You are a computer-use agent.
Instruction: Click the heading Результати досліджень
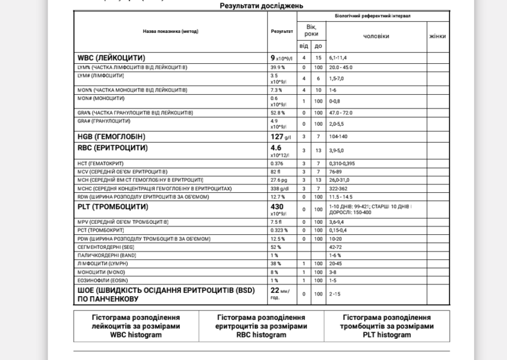(x=261, y=6)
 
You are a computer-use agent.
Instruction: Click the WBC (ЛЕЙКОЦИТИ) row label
(x=111, y=58)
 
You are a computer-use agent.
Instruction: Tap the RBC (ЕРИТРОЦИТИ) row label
(x=113, y=148)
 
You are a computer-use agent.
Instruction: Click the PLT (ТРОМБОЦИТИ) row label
(x=113, y=207)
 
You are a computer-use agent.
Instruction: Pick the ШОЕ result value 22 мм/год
(x=280, y=293)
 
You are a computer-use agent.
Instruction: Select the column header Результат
(x=282, y=32)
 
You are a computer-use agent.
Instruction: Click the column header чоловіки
(x=376, y=36)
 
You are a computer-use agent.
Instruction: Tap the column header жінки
(x=437, y=36)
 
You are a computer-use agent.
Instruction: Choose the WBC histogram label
(x=136, y=335)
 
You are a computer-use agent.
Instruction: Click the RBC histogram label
(x=261, y=335)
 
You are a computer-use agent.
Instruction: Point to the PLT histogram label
(x=387, y=335)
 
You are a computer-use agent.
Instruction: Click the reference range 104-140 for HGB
(x=338, y=137)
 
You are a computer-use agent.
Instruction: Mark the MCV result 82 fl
(x=275, y=172)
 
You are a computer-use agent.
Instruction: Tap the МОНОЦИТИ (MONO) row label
(x=101, y=272)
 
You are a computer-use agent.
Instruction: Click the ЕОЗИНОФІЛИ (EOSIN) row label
(x=103, y=280)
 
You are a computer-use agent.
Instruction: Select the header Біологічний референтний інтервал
(x=373, y=16)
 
